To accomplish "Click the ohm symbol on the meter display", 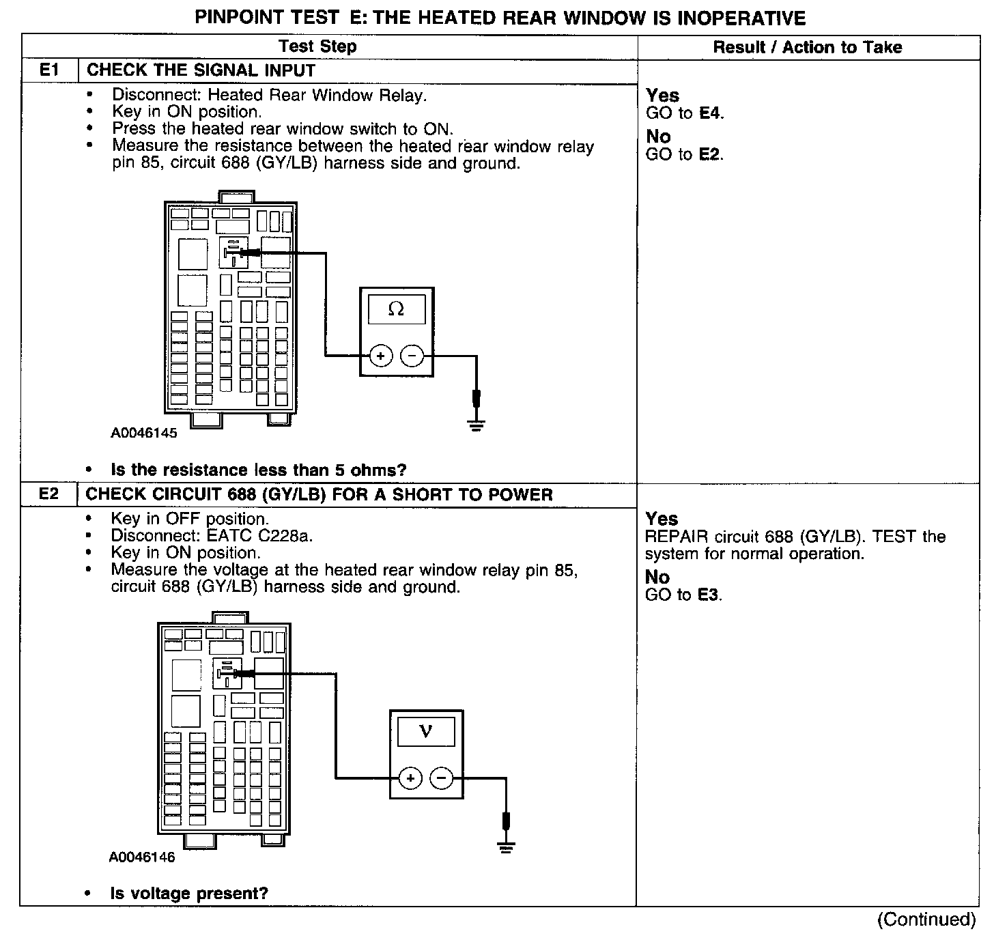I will pyautogui.click(x=396, y=309).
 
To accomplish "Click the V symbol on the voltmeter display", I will pyautogui.click(x=426, y=731).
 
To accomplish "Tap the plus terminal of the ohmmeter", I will pyautogui.click(x=380, y=356).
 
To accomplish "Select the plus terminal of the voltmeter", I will pyautogui.click(x=410, y=778).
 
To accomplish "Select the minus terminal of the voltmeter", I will pyautogui.click(x=442, y=778).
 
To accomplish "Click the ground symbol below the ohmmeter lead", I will pyautogui.click(x=476, y=426).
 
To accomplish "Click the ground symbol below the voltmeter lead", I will pyautogui.click(x=506, y=849).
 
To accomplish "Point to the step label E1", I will pyautogui.click(x=50, y=70).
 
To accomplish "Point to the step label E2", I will pyautogui.click(x=49, y=494).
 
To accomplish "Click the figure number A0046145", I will pyautogui.click(x=144, y=433).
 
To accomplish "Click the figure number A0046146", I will pyautogui.click(x=142, y=857).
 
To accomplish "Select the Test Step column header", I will pyautogui.click(x=317, y=46).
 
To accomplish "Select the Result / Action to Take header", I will pyautogui.click(x=808, y=47).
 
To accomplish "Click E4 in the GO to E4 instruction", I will pyautogui.click(x=710, y=113).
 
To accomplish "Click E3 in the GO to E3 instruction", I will pyautogui.click(x=709, y=595).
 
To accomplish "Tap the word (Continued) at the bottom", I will pyautogui.click(x=926, y=920).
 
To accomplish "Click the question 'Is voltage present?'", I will pyautogui.click(x=189, y=893).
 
